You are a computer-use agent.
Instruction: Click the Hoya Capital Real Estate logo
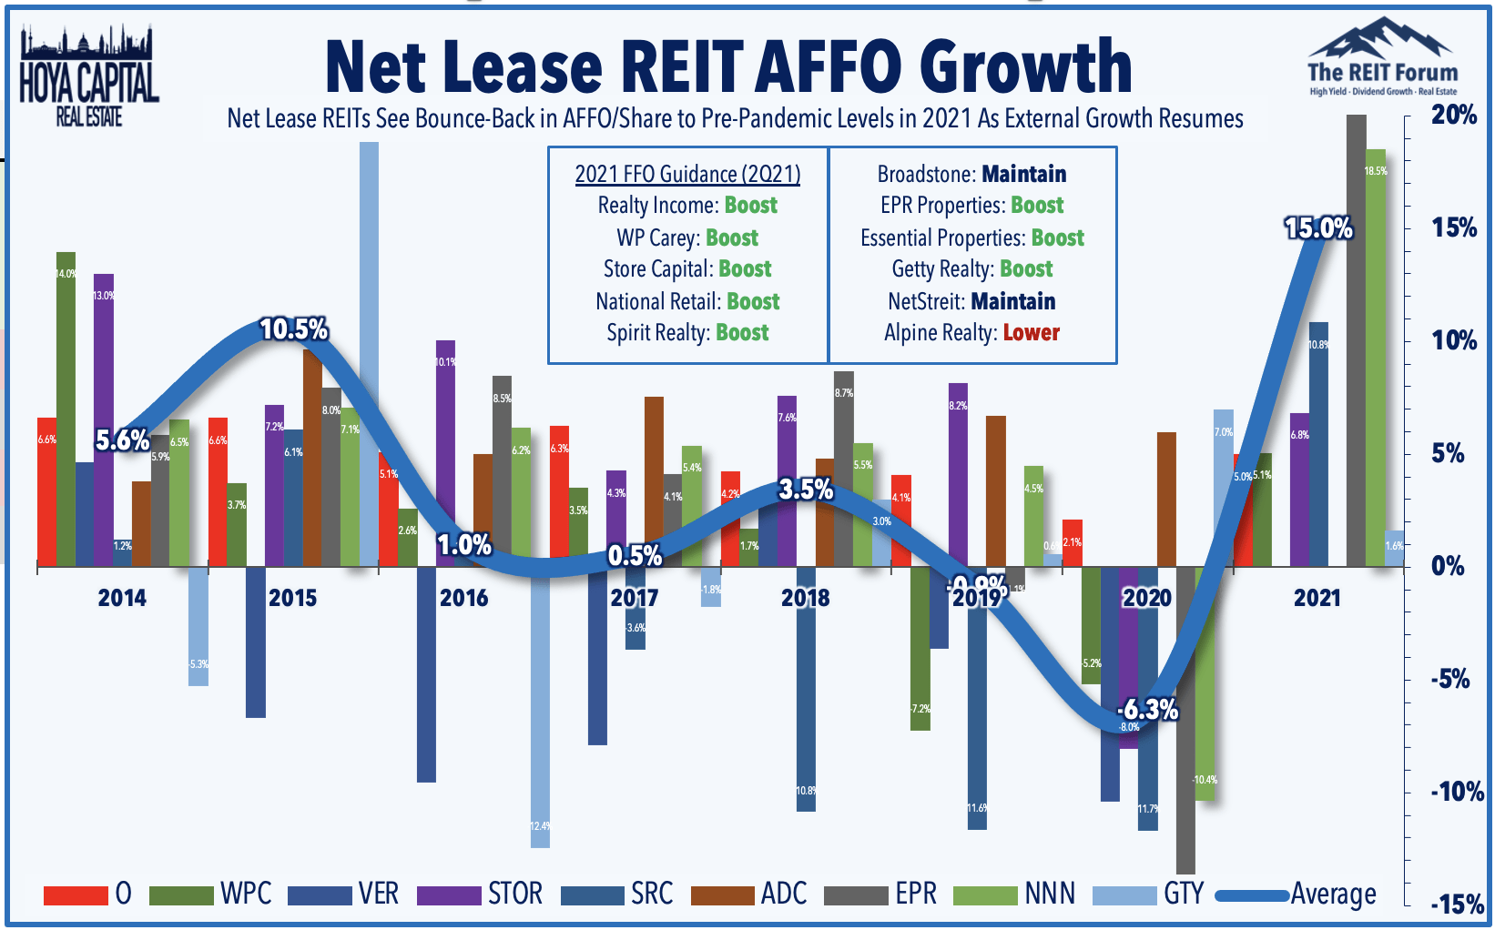pos(88,77)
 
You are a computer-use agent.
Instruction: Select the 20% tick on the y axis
pos(1453,115)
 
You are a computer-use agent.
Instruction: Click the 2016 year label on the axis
pos(463,598)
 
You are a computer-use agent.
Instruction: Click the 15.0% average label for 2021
pos(1318,228)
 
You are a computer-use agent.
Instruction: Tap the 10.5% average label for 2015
pos(293,329)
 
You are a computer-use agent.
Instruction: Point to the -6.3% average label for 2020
pos(1148,709)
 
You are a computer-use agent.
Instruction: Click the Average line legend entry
pos(1297,895)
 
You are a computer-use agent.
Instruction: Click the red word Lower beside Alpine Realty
pos(1031,333)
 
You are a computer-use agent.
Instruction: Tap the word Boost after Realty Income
pos(750,206)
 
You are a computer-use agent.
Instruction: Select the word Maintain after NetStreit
pos(1012,301)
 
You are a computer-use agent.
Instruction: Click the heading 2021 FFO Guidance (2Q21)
pos(687,174)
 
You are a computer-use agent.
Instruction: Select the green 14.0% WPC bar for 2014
pos(66,409)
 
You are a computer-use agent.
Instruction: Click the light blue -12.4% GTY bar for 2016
pos(540,710)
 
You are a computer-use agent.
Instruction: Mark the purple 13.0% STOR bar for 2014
pos(104,419)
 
